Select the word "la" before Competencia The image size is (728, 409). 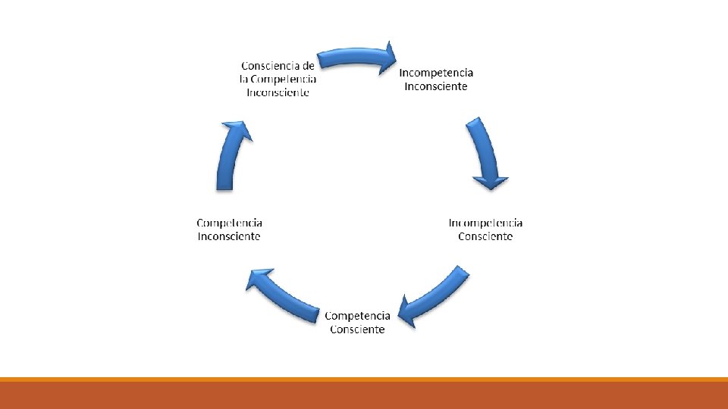(x=243, y=79)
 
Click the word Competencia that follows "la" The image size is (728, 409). (x=282, y=79)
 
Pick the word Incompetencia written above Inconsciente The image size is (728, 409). (x=436, y=73)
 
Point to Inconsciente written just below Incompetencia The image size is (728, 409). (x=436, y=86)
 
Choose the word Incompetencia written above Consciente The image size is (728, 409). (x=485, y=223)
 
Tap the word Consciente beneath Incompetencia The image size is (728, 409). (x=485, y=236)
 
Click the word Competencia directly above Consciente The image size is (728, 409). (x=357, y=316)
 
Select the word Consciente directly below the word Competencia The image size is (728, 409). (x=357, y=329)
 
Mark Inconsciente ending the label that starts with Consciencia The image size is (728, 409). (x=278, y=92)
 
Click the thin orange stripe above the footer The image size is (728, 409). (x=364, y=379)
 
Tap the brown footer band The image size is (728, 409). (x=364, y=395)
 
